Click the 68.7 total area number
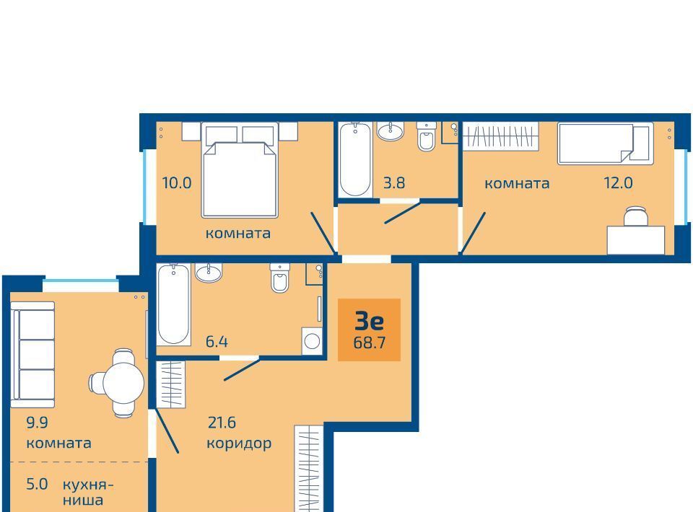point(369,343)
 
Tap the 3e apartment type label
point(369,322)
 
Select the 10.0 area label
point(177,182)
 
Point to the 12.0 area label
point(619,182)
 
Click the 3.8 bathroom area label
point(394,182)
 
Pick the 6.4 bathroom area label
point(217,342)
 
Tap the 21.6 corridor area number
point(222,423)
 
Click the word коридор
point(239,443)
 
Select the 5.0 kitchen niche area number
point(37,484)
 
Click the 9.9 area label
point(37,423)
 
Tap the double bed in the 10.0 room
point(240,170)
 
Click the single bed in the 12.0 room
point(605,144)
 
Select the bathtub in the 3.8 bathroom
point(355,159)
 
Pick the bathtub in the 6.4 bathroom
point(174,304)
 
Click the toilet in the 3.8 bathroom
point(427,136)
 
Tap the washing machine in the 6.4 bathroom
point(312,341)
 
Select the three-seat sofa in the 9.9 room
point(32,355)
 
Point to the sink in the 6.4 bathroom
point(209,273)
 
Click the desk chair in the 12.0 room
point(635,216)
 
